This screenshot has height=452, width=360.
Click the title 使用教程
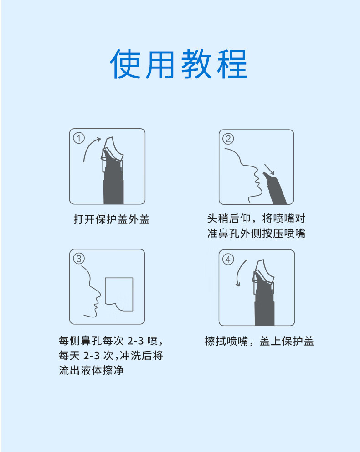(179, 64)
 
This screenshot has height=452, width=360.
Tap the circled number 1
(79, 138)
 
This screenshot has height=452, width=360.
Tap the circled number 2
(228, 139)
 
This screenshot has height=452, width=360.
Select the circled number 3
(79, 258)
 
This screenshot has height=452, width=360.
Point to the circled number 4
(228, 260)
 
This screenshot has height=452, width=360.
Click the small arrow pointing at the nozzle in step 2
(269, 169)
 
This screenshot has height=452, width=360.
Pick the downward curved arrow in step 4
(239, 271)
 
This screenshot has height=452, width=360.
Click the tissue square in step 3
(119, 294)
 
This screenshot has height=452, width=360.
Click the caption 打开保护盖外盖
(112, 220)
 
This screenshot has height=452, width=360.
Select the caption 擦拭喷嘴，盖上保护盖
(259, 341)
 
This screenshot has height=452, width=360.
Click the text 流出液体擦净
(91, 370)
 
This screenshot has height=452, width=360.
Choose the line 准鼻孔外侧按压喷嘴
(256, 234)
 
